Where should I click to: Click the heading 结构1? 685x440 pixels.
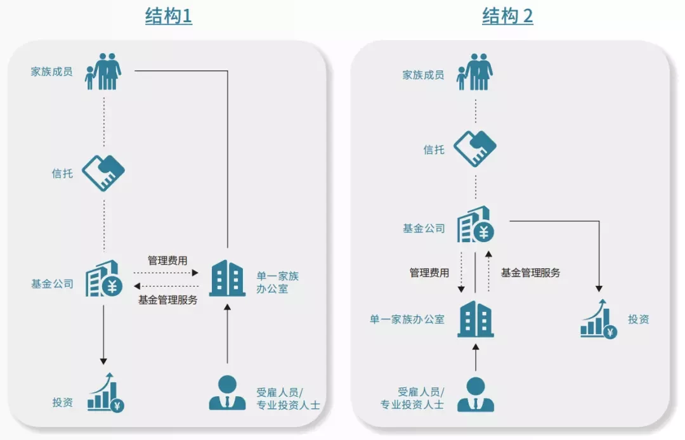click(169, 16)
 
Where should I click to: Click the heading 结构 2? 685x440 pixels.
click(507, 16)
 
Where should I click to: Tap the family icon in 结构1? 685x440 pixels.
click(103, 72)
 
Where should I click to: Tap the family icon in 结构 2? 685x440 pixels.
click(474, 72)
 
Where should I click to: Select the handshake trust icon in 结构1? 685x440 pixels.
click(103, 173)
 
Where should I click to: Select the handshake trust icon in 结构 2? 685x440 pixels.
click(475, 148)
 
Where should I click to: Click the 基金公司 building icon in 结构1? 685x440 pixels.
click(104, 279)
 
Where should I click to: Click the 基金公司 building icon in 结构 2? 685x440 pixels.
click(475, 224)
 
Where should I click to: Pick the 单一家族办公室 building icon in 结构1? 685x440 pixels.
click(227, 278)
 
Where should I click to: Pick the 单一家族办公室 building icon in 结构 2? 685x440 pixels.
click(475, 319)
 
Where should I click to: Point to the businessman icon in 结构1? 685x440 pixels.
click(227, 392)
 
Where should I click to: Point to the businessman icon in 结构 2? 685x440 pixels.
click(475, 394)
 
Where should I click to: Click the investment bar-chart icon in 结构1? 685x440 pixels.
click(106, 392)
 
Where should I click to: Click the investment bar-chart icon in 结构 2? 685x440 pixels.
click(599, 319)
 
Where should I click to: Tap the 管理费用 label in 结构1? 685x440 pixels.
click(167, 261)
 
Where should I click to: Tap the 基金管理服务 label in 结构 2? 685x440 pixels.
click(530, 273)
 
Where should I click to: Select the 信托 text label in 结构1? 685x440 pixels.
click(62, 174)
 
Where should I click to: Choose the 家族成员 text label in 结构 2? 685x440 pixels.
click(423, 75)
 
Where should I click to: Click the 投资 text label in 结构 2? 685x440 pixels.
click(638, 319)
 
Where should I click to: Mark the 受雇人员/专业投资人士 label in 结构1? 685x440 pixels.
click(289, 399)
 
